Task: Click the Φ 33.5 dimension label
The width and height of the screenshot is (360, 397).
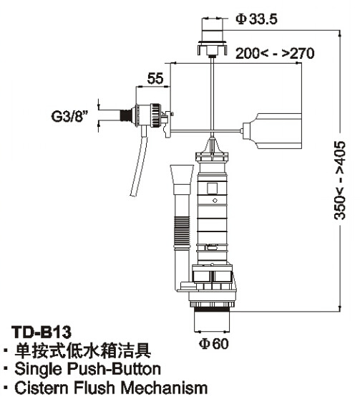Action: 256,19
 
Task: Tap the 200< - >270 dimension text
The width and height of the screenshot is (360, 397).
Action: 275,54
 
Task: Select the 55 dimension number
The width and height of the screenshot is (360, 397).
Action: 155,78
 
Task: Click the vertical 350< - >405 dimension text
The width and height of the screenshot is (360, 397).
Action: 339,180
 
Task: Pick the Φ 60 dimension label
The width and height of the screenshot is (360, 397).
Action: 213,343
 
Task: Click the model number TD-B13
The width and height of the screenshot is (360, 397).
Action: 42,332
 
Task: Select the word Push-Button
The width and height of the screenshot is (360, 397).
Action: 115,369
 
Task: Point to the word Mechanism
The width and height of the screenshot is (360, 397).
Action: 164,388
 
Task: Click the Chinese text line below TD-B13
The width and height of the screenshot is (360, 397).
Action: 83,350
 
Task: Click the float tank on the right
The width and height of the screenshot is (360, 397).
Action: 272,131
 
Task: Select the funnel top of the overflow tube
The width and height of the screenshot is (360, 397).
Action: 182,175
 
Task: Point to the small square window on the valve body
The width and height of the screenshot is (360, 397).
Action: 212,188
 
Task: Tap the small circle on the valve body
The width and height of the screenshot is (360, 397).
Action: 215,201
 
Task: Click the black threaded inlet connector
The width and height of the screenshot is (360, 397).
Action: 126,115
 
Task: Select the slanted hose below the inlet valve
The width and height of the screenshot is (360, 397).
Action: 139,161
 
